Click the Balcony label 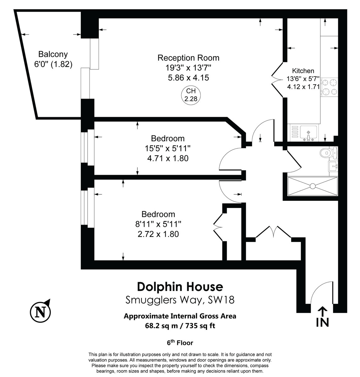pos(53,54)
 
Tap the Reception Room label pos(188,58)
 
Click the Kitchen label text pos(303,71)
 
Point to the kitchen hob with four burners pos(330,87)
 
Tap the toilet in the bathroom pos(329,153)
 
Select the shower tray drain pos(312,186)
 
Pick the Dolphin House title pos(180,287)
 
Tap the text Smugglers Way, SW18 pos(180,300)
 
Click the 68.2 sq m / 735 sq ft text pos(180,326)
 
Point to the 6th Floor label pos(180,342)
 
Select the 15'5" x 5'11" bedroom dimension pos(168,148)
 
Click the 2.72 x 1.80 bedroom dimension pos(158,234)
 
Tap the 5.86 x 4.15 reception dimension pos(188,78)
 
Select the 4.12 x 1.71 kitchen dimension pos(303,87)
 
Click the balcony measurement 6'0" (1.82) pos(53,64)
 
